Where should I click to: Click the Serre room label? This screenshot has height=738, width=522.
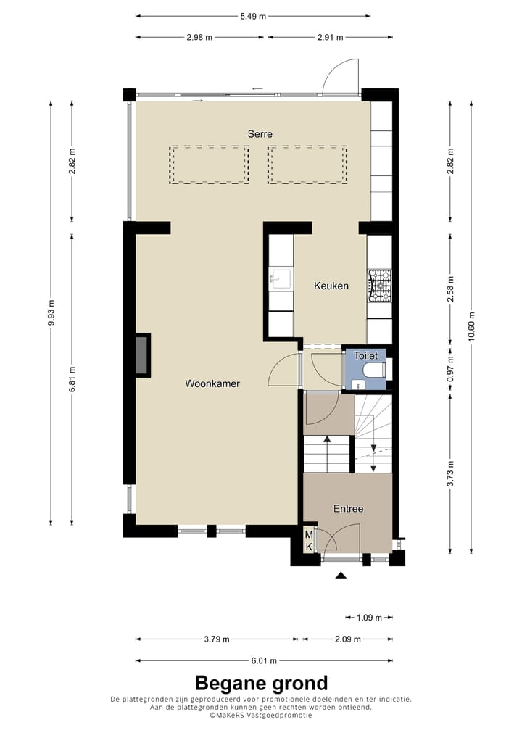point(260,134)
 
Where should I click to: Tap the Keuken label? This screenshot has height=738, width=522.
point(331,286)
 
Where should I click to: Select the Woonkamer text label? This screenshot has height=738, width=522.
point(212,383)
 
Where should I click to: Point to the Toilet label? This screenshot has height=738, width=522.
point(365,356)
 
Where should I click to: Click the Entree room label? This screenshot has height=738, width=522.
point(348,509)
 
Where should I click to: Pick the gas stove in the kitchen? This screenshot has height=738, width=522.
point(379,285)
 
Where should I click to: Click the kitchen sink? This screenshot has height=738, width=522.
point(280,278)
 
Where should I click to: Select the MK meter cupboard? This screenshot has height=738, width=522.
point(309,540)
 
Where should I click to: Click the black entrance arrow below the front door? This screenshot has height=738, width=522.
point(341,576)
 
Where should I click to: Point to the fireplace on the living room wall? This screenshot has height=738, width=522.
point(142,355)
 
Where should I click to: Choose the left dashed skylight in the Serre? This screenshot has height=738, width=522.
point(210,165)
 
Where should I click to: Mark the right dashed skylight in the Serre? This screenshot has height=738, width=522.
point(307,165)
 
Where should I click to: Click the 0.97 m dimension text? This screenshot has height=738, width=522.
point(450,368)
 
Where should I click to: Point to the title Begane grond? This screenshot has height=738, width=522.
point(261,683)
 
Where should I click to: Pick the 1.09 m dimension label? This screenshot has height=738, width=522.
point(369,618)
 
